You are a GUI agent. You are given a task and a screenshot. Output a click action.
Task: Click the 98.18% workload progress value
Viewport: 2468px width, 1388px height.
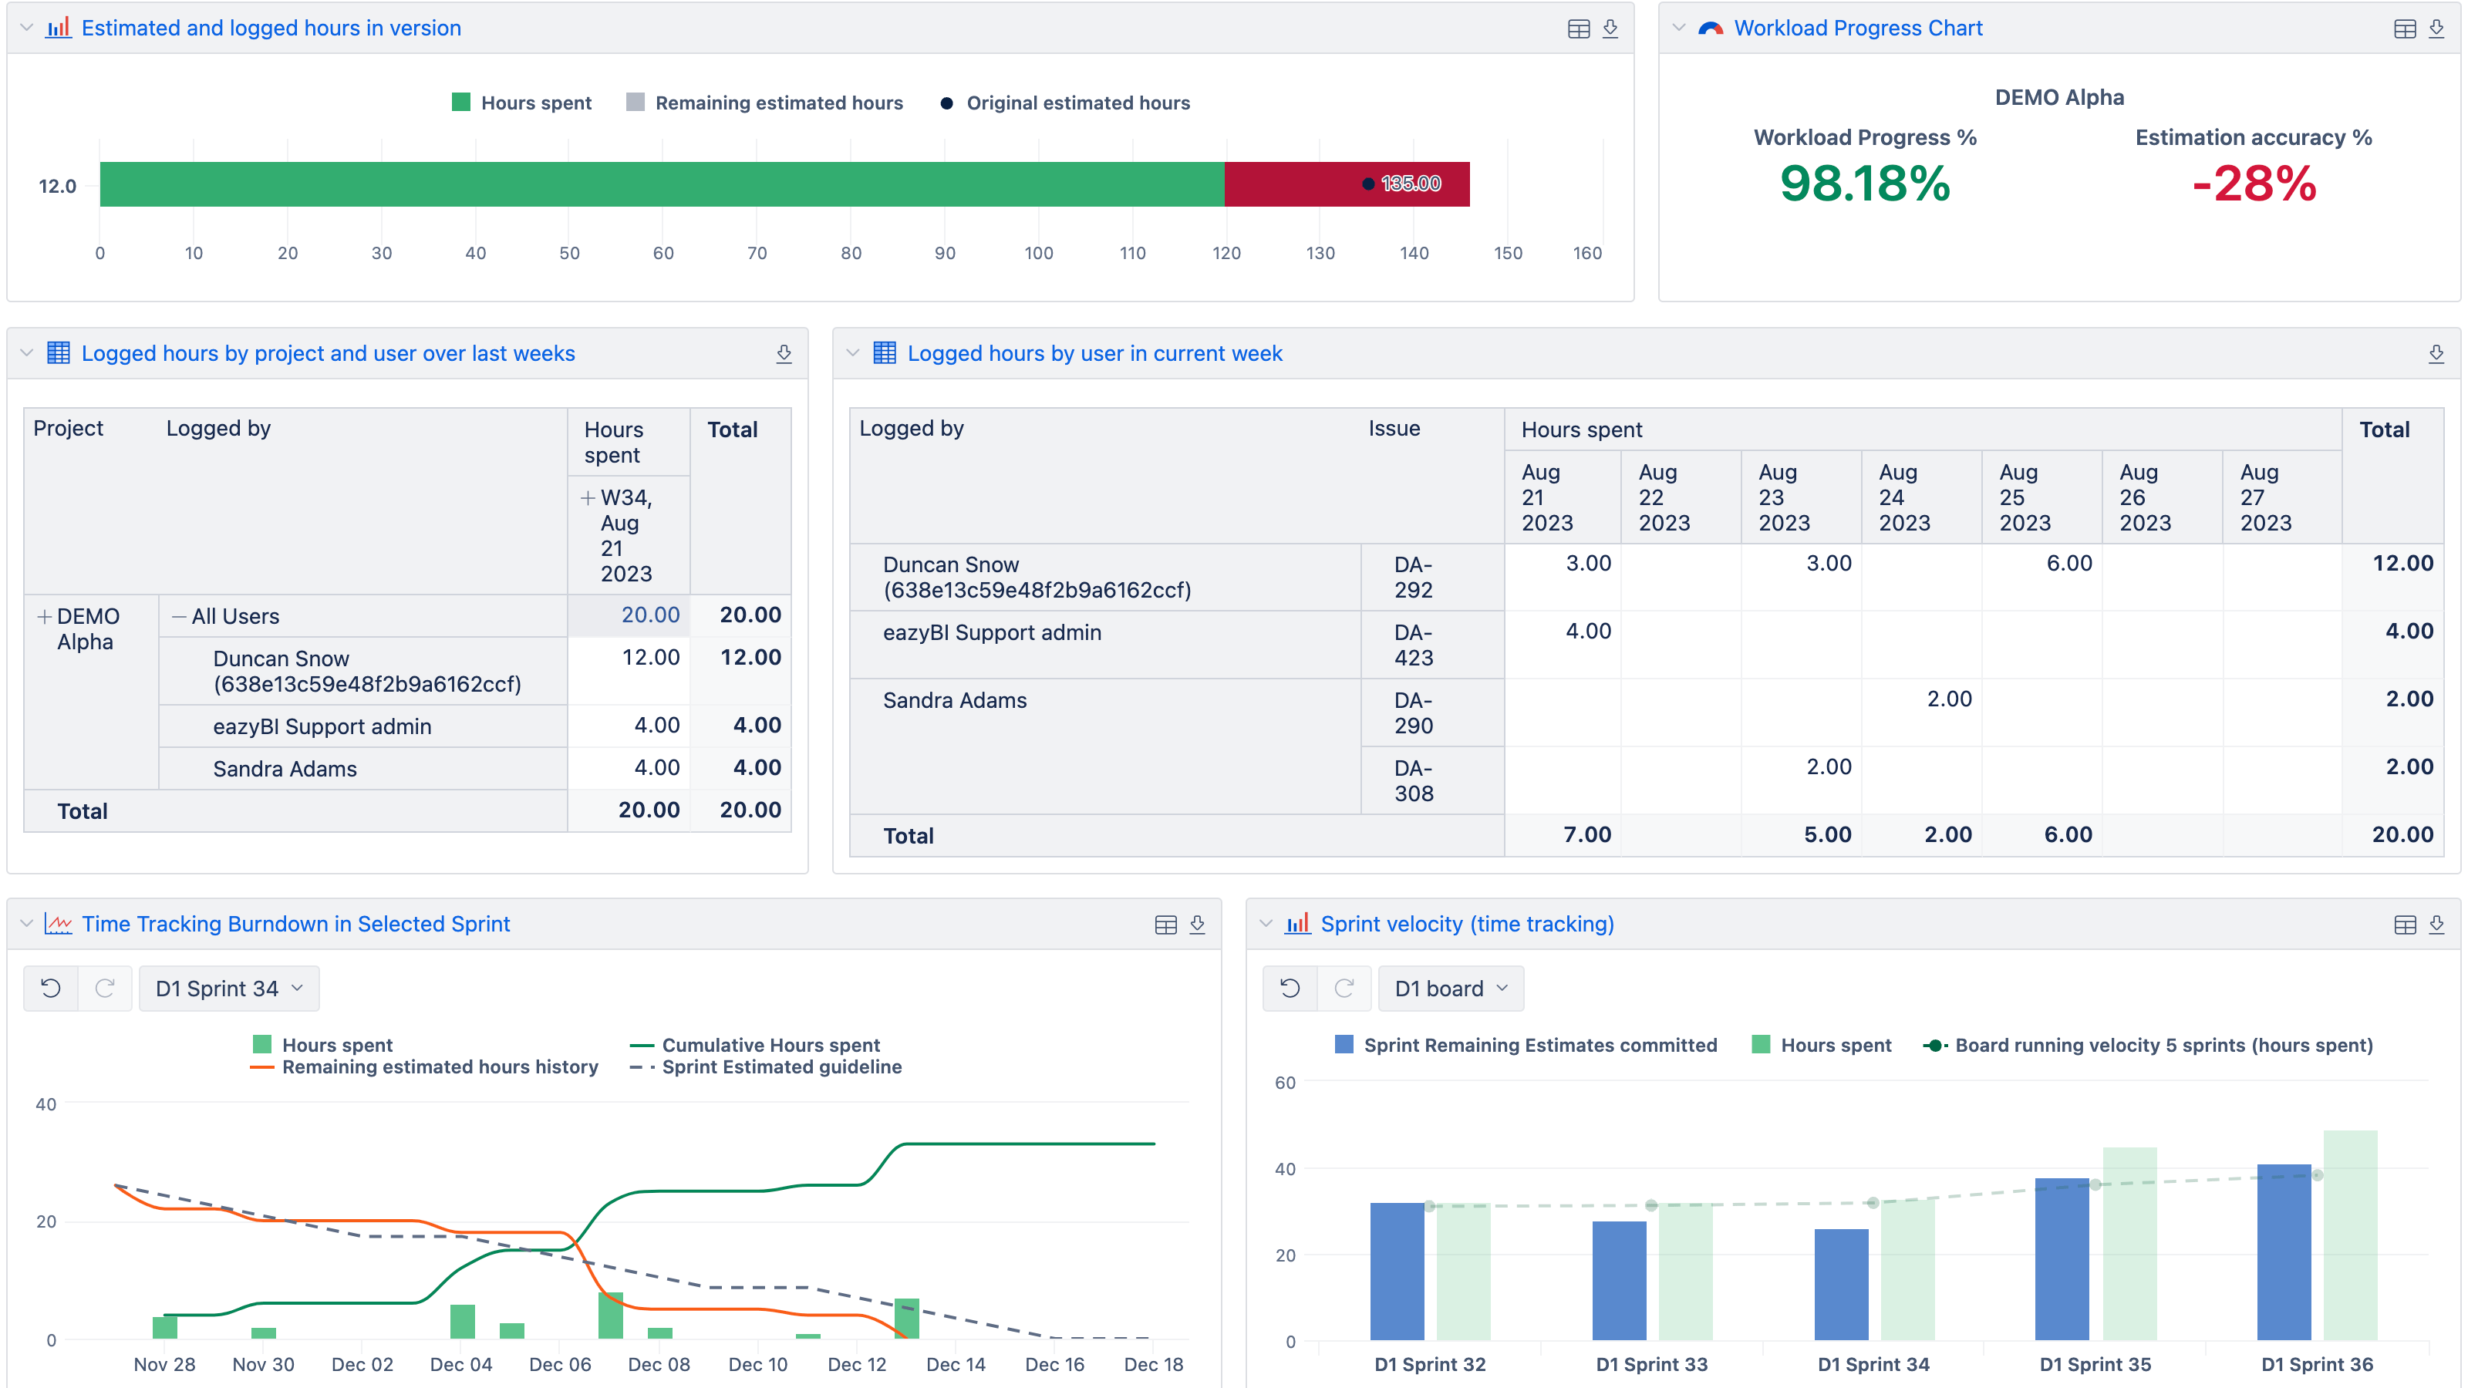pyautogui.click(x=1864, y=184)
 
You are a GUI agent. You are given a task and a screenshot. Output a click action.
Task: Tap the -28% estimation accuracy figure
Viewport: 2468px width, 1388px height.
pyautogui.click(x=2254, y=184)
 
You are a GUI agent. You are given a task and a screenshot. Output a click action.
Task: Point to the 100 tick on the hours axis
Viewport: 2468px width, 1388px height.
pyautogui.click(x=1039, y=253)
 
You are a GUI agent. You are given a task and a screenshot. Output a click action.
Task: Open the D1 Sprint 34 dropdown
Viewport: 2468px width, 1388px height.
pyautogui.click(x=229, y=989)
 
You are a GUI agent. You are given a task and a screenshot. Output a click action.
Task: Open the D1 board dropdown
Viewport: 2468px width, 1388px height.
pyautogui.click(x=1451, y=989)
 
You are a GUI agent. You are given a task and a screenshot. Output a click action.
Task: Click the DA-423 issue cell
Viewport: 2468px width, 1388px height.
pyautogui.click(x=1413, y=645)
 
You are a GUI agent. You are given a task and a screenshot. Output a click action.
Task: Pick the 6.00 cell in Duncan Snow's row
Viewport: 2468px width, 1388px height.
pyautogui.click(x=2068, y=563)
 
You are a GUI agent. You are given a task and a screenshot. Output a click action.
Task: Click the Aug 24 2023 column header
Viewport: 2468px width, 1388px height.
pyautogui.click(x=1903, y=497)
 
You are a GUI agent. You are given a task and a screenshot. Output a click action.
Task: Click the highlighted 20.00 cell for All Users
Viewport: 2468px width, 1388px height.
pyautogui.click(x=649, y=615)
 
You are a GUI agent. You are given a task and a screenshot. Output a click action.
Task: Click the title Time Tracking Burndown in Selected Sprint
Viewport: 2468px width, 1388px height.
pyautogui.click(x=295, y=924)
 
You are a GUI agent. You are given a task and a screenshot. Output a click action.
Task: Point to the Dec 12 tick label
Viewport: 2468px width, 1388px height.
pyautogui.click(x=857, y=1364)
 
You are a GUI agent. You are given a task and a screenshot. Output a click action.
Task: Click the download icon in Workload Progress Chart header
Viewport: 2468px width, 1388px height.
pyautogui.click(x=2436, y=29)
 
